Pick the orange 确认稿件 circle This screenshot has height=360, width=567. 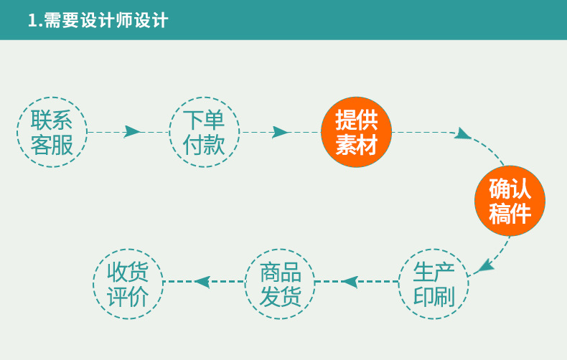pyautogui.click(x=510, y=201)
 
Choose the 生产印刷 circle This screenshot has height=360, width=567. pyautogui.click(x=434, y=284)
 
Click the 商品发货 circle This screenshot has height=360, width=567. pyautogui.click(x=280, y=284)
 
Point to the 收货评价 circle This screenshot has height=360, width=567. pyautogui.click(x=128, y=284)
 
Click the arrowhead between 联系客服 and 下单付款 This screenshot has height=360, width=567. pyautogui.click(x=131, y=132)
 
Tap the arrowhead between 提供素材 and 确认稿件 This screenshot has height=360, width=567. pyautogui.click(x=464, y=133)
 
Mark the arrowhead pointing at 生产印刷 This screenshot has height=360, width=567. pyautogui.click(x=484, y=267)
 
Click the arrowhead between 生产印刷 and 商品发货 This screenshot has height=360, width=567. pyautogui.click(x=350, y=282)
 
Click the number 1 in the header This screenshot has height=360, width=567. pyautogui.click(x=32, y=20)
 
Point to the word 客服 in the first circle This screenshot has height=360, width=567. pyautogui.click(x=52, y=146)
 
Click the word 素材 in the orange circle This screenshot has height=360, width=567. pyautogui.click(x=356, y=146)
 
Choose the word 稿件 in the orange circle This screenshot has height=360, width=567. pyautogui.click(x=510, y=214)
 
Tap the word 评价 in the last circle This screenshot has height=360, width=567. pyautogui.click(x=128, y=297)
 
